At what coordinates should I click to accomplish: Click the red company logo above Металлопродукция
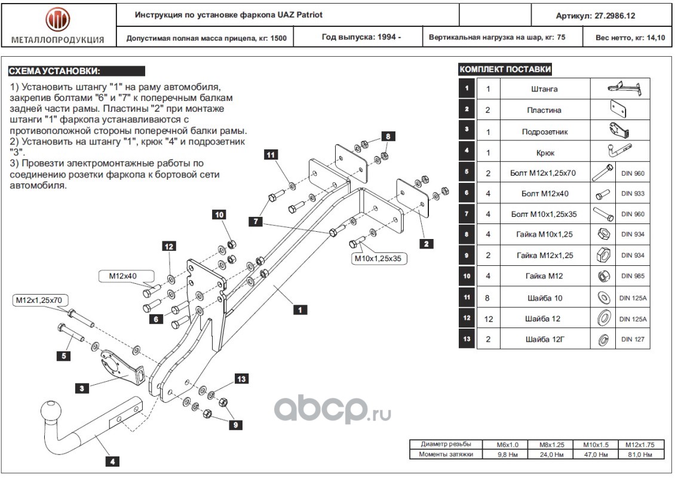(58, 19)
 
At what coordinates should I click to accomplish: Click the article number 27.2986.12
(614, 16)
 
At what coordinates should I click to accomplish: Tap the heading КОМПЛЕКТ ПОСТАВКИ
(505, 69)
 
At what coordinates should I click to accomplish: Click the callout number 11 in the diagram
(271, 155)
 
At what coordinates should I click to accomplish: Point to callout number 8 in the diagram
(388, 136)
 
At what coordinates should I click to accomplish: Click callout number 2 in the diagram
(426, 244)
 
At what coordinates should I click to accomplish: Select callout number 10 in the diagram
(219, 215)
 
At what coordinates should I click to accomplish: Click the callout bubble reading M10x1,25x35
(378, 258)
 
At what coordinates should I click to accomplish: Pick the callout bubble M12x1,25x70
(39, 300)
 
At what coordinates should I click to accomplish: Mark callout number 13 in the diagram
(241, 379)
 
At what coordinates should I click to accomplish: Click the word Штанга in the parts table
(544, 89)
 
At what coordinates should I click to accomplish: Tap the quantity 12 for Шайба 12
(488, 319)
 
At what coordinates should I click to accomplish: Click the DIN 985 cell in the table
(633, 276)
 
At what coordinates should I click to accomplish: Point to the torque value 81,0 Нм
(640, 454)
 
